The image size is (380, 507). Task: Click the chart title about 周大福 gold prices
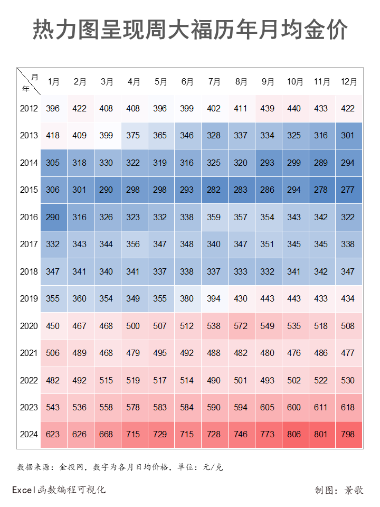190,30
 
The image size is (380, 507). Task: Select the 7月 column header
214,82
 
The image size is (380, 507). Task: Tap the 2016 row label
29,217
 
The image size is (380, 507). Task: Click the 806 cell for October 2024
294,435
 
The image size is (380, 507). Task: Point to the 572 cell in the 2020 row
241,326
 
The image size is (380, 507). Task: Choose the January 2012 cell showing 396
53,109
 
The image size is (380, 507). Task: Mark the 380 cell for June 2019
187,299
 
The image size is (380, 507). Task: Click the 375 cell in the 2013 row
134,136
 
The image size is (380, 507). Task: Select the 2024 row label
29,435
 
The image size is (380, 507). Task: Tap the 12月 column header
349,82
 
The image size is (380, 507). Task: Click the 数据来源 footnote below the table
120,467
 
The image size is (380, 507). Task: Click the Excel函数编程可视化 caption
59,490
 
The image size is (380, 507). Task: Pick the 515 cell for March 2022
107,380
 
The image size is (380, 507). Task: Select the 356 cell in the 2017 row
134,245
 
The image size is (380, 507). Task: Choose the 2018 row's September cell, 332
268,271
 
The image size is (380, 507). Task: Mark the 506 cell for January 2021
53,353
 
